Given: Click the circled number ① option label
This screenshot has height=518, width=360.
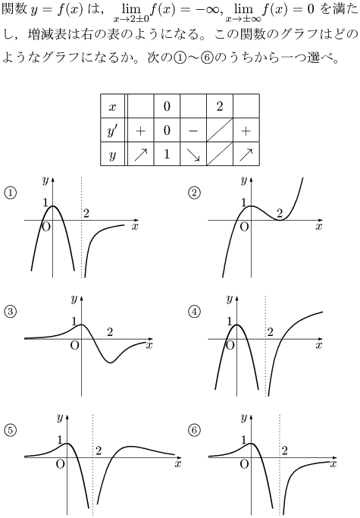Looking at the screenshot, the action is [11, 193].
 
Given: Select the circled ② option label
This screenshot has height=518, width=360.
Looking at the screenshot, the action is [194, 193].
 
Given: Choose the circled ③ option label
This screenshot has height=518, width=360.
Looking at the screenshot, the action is [11, 312].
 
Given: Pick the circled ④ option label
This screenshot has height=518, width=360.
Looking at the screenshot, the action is [194, 312].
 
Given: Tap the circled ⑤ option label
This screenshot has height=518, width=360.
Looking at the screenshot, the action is [11, 431].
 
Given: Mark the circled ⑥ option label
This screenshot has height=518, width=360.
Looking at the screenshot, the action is [194, 431].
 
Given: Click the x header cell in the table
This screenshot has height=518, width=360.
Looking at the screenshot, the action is [113, 106].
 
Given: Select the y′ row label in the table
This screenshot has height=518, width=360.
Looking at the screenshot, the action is [113, 130].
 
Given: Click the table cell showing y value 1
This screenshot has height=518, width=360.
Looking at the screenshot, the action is [167, 154].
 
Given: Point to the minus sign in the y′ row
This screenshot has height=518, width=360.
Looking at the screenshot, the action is [193, 130].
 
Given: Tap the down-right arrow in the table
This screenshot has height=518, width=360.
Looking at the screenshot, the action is [193, 155].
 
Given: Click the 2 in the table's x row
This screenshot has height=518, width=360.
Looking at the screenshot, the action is [220, 106].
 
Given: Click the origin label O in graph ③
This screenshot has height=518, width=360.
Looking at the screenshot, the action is [75, 346].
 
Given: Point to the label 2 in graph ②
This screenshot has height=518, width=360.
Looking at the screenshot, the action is [280, 213].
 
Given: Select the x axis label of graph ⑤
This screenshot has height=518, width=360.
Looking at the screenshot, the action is [178, 464].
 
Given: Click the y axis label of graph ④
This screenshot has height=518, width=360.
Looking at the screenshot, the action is [230, 300].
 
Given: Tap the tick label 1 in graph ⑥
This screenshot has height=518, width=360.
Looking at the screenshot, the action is [244, 440].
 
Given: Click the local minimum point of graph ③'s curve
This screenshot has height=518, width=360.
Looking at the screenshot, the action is [111, 363].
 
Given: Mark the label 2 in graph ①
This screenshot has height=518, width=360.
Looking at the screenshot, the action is [86, 213].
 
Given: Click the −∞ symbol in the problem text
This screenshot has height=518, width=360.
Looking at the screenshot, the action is [208, 10].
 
